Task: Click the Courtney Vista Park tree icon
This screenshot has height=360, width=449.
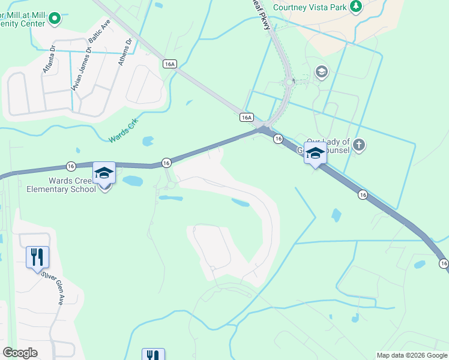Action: pos(357,7)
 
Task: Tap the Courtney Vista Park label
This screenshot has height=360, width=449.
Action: pos(309,7)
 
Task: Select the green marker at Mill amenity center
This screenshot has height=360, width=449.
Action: pos(55,19)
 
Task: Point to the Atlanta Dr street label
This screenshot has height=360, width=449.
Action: pos(49,60)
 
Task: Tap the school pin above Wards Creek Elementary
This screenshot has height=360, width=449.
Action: pos(104,173)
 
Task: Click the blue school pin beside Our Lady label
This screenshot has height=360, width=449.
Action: pos(315,154)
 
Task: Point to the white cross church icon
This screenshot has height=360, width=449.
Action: pos(358,145)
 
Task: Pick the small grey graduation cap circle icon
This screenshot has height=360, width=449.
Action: pos(321,72)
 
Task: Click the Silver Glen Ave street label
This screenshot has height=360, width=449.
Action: pos(53,287)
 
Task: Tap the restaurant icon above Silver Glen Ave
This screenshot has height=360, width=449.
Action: pos(37,257)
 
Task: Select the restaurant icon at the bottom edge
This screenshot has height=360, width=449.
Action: pos(153,355)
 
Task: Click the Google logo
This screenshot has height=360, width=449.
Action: pos(20,353)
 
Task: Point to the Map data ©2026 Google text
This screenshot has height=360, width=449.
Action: pos(412,355)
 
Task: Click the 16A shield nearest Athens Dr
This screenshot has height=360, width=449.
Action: pos(170,64)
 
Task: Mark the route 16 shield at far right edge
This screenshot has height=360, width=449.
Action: pos(443,263)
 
